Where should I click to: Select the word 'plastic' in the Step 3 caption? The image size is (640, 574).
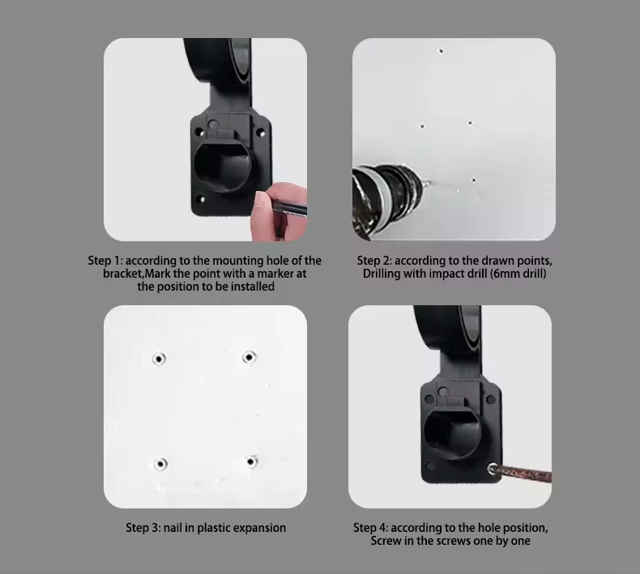click(x=212, y=528)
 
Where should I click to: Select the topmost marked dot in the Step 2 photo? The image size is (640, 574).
click(x=441, y=51)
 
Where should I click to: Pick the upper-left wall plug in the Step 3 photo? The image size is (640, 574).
click(x=159, y=359)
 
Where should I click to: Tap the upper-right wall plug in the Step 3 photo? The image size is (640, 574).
click(x=249, y=357)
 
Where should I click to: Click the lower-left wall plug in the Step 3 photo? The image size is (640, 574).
click(x=160, y=464)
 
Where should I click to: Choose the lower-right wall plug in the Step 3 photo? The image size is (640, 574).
click(x=251, y=461)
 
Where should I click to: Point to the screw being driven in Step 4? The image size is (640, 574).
click(x=493, y=469)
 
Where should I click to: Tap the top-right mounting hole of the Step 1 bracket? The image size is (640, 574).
click(x=261, y=133)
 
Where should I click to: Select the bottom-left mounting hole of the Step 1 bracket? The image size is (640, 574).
click(x=201, y=200)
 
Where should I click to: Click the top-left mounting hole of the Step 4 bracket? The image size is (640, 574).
click(x=429, y=398)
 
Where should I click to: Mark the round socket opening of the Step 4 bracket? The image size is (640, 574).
click(x=453, y=434)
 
